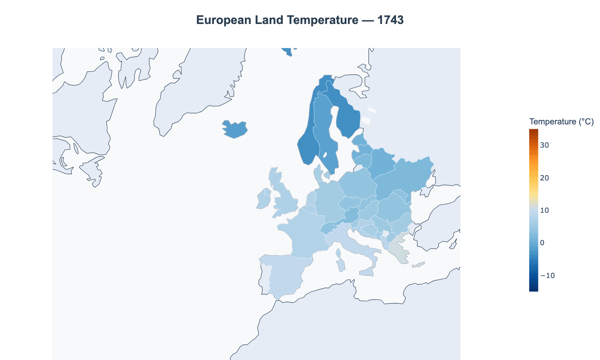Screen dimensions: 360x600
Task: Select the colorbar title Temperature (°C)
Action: pyautogui.click(x=561, y=122)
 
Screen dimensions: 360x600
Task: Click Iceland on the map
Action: pyautogui.click(x=235, y=129)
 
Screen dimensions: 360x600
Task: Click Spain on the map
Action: pyautogui.click(x=286, y=276)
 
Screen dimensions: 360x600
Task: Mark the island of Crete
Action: pyautogui.click(x=418, y=265)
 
